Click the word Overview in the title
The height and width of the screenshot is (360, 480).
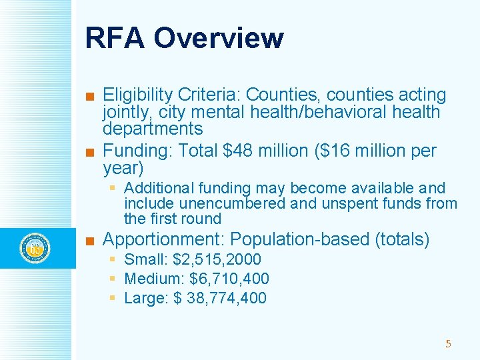(x=218, y=38)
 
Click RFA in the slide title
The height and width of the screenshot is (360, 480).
(x=115, y=38)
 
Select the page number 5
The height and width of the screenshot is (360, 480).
(x=448, y=344)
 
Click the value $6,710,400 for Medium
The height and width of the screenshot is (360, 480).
(x=229, y=279)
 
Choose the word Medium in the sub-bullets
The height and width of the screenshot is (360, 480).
(x=153, y=279)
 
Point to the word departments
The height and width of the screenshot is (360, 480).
(x=153, y=128)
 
